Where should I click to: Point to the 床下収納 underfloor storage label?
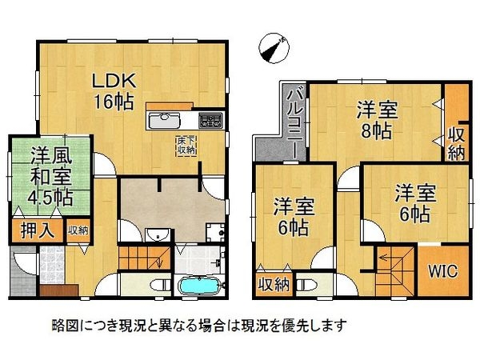pos(186,144)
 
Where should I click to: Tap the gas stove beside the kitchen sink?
pos(212,121)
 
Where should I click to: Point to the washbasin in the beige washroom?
pos(158,234)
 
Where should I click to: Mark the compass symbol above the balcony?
pos(274,47)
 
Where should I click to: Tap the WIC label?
pos(440,271)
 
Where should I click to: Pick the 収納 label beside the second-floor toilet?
pos(273,283)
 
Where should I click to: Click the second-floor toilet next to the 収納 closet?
pos(305,283)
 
